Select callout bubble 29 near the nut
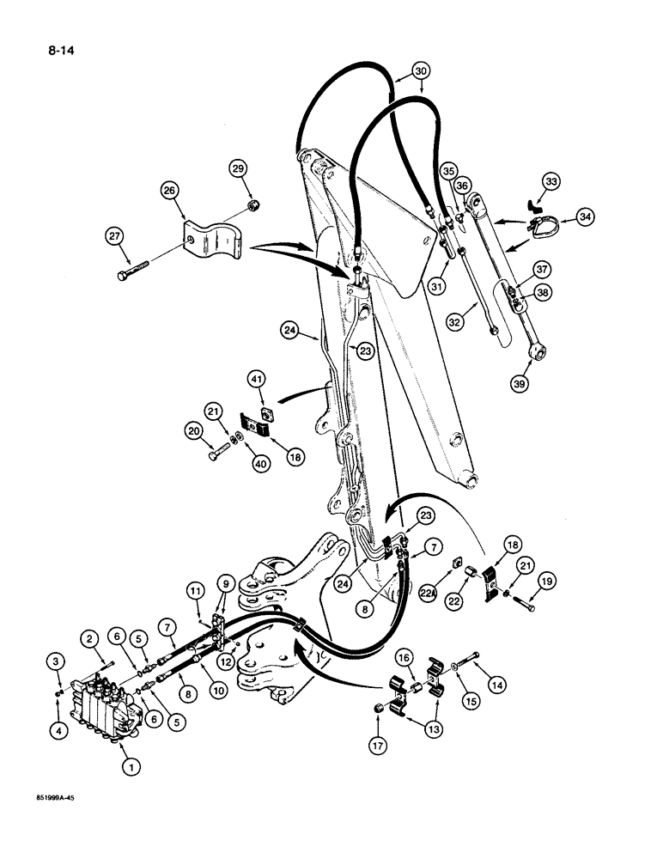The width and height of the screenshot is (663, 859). click(239, 168)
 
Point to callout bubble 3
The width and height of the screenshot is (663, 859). click(57, 661)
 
